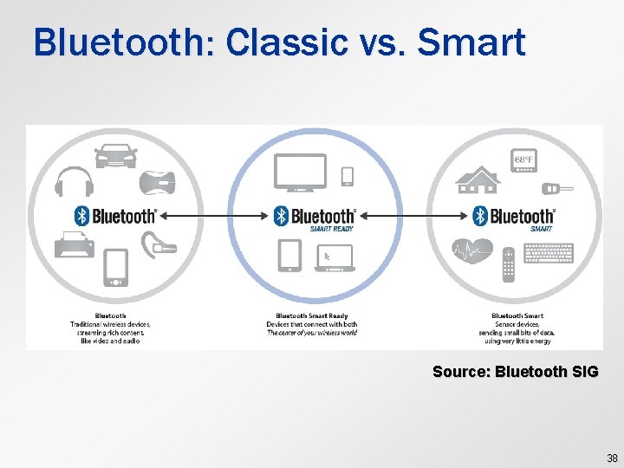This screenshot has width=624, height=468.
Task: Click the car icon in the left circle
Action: pyautogui.click(x=115, y=157)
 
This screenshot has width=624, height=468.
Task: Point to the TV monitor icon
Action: pyautogui.click(x=300, y=172)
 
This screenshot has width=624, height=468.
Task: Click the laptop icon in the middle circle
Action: pyautogui.click(x=335, y=257)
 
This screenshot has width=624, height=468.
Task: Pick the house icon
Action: pyautogui.click(x=479, y=178)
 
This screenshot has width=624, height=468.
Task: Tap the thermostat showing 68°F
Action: pyautogui.click(x=524, y=162)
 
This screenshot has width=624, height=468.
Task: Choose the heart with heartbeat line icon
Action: pyautogui.click(x=472, y=254)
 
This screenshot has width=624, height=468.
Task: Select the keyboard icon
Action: pyautogui.click(x=548, y=252)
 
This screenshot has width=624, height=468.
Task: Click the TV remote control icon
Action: pyautogui.click(x=509, y=264)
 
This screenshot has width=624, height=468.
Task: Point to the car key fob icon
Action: pyautogui.click(x=551, y=188)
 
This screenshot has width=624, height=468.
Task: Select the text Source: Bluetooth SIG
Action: pyautogui.click(x=515, y=372)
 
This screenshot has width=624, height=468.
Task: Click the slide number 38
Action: pyautogui.click(x=612, y=459)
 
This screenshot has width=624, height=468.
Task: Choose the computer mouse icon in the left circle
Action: pyautogui.click(x=161, y=183)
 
